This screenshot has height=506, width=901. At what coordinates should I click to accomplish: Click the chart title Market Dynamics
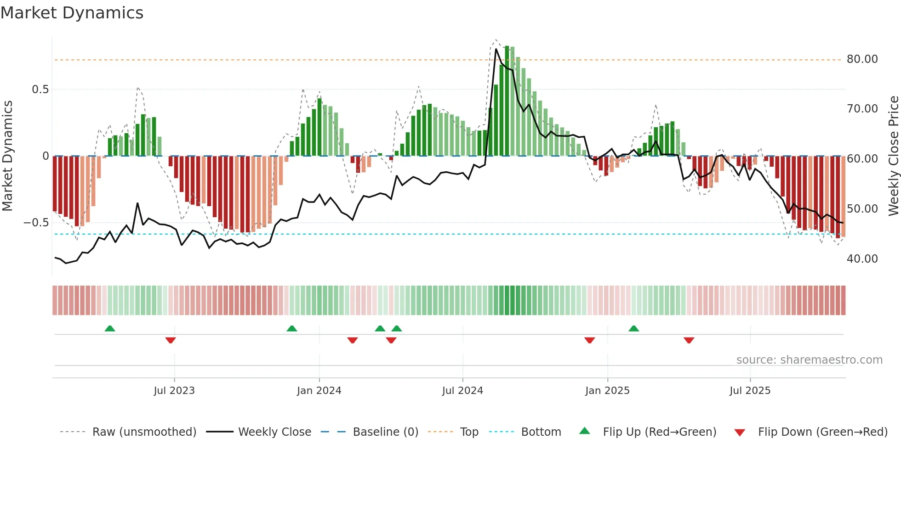(72, 13)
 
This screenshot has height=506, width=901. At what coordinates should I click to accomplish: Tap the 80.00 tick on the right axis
(862, 59)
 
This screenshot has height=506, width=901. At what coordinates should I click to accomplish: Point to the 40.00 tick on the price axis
(862, 259)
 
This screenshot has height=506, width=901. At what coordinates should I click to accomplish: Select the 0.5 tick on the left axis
(40, 90)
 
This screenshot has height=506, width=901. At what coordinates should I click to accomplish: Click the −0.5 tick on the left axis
(36, 223)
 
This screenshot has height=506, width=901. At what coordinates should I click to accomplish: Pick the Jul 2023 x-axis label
(174, 391)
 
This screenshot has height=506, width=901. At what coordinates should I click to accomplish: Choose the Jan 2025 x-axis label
(607, 391)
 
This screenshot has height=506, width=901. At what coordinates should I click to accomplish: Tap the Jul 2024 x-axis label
(462, 391)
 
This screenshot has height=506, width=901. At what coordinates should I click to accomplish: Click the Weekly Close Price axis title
(893, 156)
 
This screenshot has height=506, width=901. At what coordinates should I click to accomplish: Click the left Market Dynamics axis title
(7, 156)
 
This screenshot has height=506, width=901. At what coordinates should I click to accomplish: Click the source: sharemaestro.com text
(809, 360)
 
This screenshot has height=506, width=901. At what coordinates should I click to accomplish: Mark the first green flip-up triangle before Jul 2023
(110, 329)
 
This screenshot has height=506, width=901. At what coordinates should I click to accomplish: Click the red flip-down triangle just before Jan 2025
(590, 340)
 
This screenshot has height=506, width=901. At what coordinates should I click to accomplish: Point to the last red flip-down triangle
(689, 340)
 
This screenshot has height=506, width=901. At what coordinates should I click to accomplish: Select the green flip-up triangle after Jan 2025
(633, 329)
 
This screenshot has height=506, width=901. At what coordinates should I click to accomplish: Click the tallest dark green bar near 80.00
(507, 101)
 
